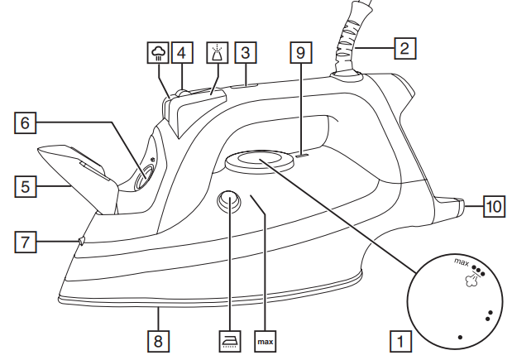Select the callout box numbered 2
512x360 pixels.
click(x=403, y=49)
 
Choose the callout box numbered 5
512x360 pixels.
click(x=26, y=187)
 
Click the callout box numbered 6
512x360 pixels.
click(x=26, y=123)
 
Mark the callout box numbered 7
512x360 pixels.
click(x=26, y=242)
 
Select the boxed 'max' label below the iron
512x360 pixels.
click(x=266, y=340)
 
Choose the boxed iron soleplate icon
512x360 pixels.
click(x=229, y=340)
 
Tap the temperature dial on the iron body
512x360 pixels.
click(x=259, y=161)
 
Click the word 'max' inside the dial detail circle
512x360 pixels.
click(x=462, y=262)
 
